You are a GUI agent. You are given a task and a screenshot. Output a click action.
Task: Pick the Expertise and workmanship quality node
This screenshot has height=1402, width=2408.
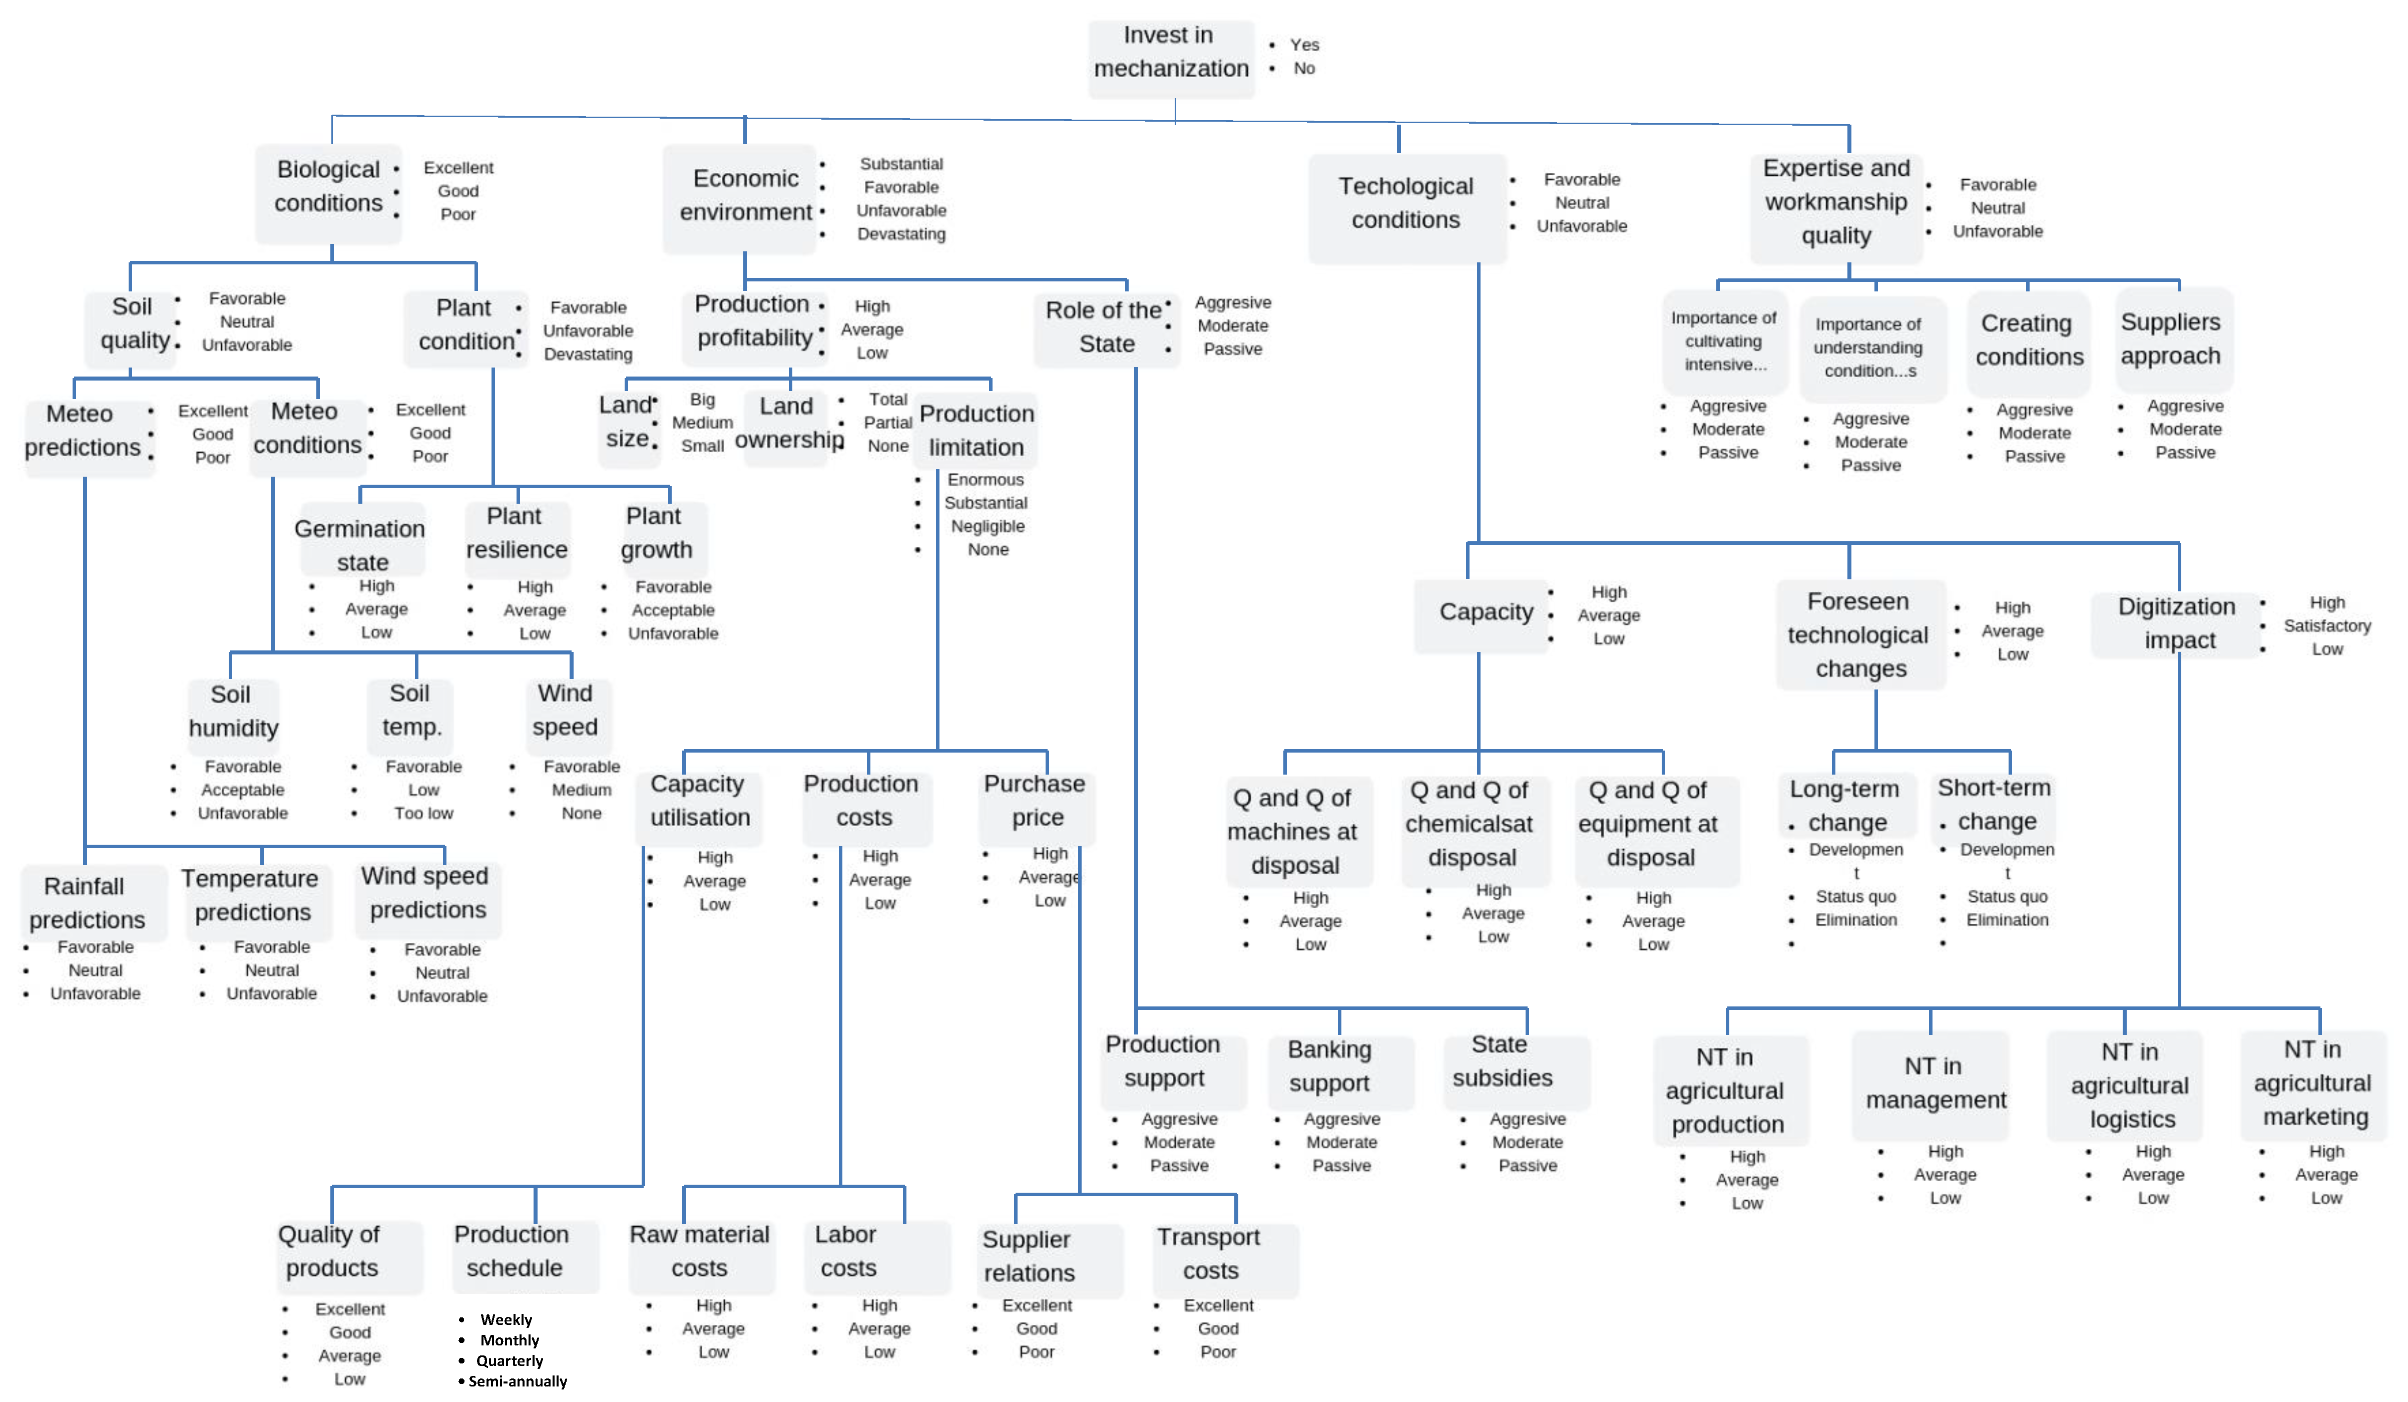[1835, 203]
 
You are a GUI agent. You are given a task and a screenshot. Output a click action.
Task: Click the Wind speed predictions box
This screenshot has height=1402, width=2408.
[426, 894]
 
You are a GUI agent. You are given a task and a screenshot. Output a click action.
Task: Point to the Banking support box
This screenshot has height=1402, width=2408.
[1329, 1067]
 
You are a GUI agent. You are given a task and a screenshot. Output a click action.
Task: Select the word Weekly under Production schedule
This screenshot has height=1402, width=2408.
[506, 1320]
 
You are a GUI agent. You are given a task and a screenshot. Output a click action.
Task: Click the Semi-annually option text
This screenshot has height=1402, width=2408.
[517, 1382]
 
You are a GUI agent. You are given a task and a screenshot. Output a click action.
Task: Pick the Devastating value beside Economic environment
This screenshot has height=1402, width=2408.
[900, 234]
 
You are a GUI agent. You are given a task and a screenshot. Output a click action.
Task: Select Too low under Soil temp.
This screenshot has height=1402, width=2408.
[423, 813]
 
